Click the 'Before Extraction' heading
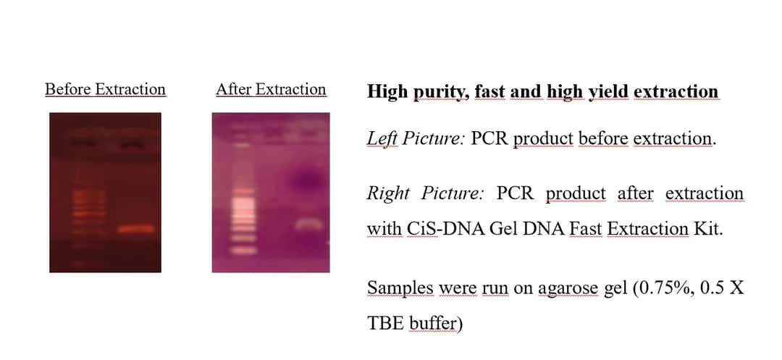click(x=105, y=89)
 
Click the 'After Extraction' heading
click(x=271, y=89)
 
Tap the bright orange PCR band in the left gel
click(x=136, y=229)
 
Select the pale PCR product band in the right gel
click(x=308, y=225)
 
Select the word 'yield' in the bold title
click(x=608, y=92)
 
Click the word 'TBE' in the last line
click(x=385, y=324)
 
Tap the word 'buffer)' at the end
click(x=436, y=324)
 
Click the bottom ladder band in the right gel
click(x=243, y=251)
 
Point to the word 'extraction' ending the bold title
click(x=676, y=92)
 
